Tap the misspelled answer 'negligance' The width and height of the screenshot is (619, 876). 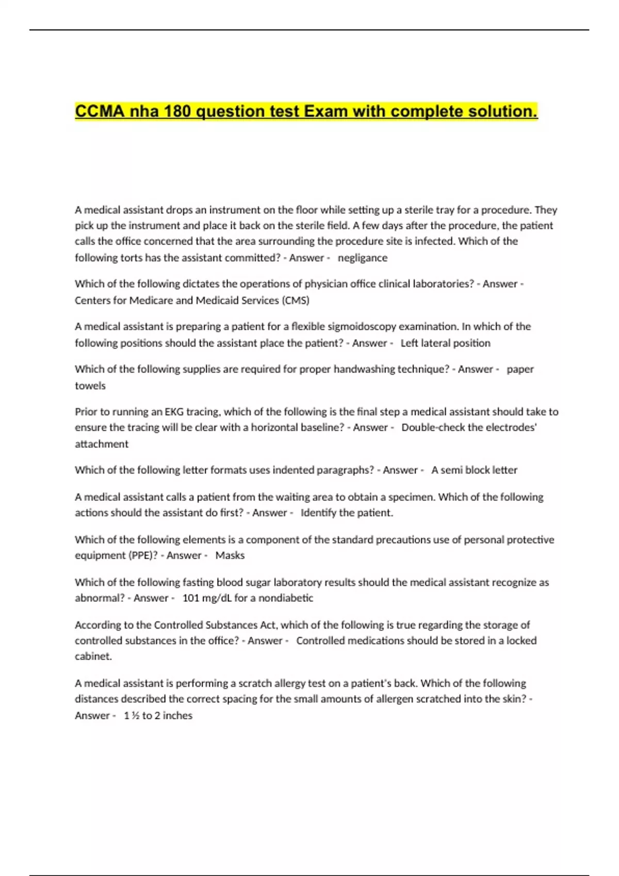click(362, 258)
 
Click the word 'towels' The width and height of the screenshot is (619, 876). click(90, 385)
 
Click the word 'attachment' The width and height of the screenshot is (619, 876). click(102, 444)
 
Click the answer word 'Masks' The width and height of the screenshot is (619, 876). click(230, 555)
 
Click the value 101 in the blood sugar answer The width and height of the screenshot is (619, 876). click(190, 598)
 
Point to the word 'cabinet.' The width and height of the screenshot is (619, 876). click(93, 656)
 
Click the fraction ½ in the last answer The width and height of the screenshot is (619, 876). click(135, 715)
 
